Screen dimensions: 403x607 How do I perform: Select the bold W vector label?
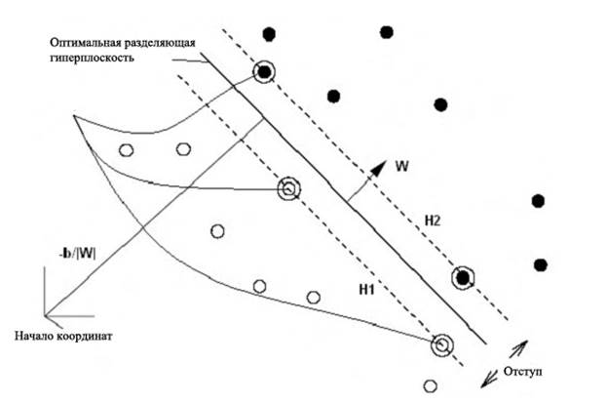pos(401,165)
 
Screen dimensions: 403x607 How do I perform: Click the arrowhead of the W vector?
pos(381,167)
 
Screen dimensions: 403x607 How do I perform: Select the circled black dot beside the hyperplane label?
pos(263,71)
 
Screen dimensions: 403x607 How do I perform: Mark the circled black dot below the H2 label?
pos(464,278)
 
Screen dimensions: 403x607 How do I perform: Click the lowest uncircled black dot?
pos(541,263)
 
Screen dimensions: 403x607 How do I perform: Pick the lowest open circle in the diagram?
pos(430,384)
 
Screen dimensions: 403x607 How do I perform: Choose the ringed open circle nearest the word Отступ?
pos(443,343)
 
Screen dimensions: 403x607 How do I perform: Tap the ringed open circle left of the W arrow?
pos(288,188)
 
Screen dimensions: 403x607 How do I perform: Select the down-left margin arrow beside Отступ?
pos(482,378)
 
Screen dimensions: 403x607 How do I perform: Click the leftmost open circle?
pos(125,149)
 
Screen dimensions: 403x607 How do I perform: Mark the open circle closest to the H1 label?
pos(314,297)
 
